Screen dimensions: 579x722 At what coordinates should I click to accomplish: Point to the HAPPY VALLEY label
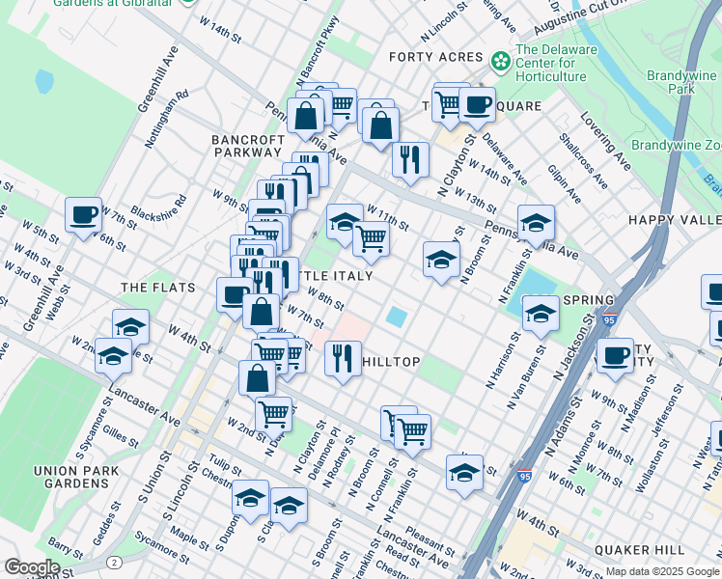(675, 220)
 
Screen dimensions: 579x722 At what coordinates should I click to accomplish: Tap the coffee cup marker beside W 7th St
(84, 214)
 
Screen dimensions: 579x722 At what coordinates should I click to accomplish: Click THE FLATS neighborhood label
(158, 288)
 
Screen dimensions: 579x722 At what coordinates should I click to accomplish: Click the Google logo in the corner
(32, 567)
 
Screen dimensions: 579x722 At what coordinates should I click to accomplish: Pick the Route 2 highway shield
(114, 562)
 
